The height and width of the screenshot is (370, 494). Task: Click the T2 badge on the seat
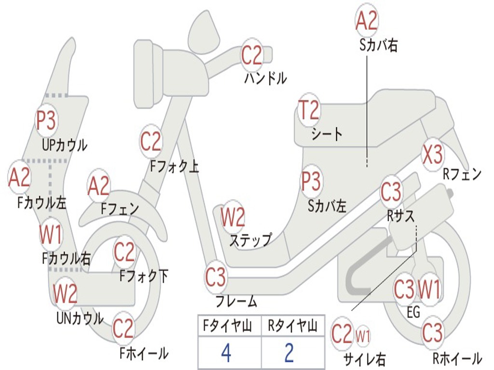(x=309, y=111)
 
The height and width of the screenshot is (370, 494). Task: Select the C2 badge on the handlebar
(x=251, y=55)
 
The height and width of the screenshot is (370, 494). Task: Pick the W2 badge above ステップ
(x=233, y=217)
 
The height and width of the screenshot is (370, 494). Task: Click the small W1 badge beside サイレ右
(x=363, y=335)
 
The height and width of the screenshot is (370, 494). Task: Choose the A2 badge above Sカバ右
(x=366, y=20)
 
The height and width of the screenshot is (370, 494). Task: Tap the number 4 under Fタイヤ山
(x=226, y=353)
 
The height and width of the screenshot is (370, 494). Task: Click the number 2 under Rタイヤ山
(x=289, y=353)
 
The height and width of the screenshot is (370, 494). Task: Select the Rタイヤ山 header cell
(x=292, y=327)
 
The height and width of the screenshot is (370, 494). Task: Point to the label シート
(x=327, y=134)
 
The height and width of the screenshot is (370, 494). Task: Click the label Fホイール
(x=144, y=353)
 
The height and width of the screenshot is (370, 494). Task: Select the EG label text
(x=413, y=313)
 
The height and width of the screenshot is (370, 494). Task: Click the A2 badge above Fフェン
(x=99, y=186)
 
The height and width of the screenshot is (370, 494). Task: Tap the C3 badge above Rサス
(x=391, y=192)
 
